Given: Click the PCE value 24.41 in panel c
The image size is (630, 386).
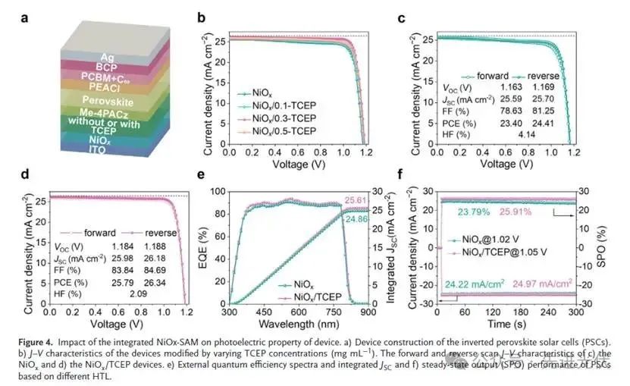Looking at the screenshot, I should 545,124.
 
